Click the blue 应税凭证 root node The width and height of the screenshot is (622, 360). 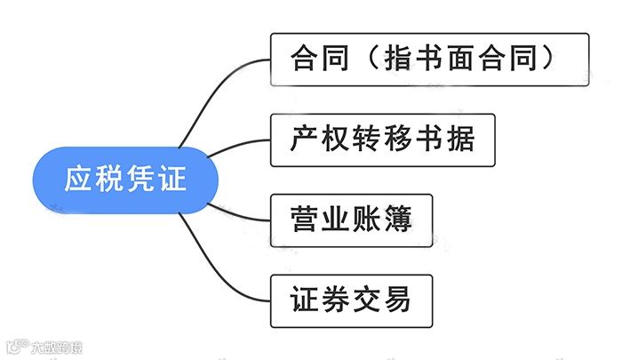[125, 180]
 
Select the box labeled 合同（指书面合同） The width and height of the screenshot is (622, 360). [429, 60]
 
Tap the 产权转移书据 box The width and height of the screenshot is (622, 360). [381, 140]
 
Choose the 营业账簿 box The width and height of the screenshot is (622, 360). [350, 220]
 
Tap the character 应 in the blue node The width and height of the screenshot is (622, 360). [79, 180]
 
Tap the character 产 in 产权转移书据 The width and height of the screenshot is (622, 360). [303, 140]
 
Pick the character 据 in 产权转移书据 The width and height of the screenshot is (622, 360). [460, 140]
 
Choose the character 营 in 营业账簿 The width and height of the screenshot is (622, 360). [303, 220]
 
